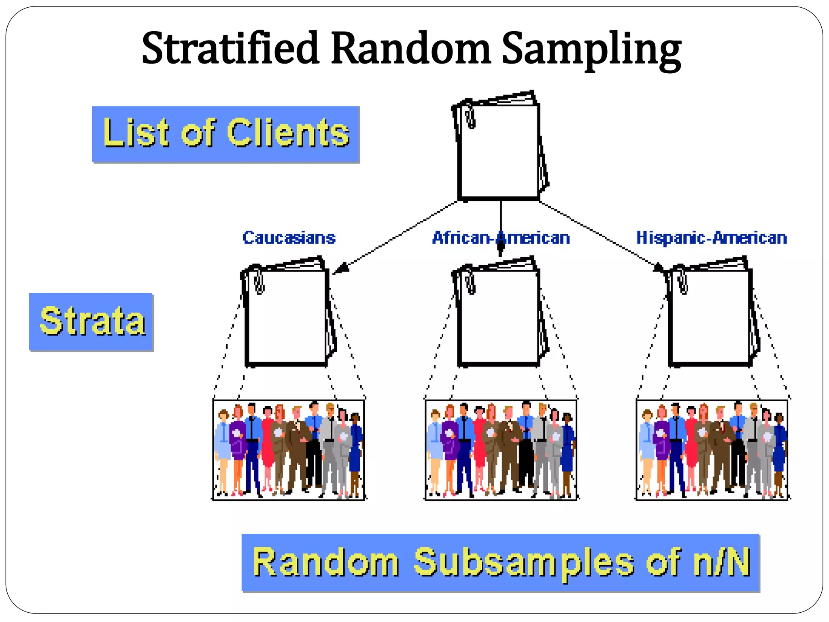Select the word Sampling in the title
[x=591, y=51]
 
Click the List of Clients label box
[x=226, y=134]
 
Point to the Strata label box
[x=91, y=322]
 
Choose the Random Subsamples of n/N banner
[x=500, y=562]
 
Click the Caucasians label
[x=289, y=238]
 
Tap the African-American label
[x=501, y=238]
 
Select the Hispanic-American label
[x=712, y=238]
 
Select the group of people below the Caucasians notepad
[x=289, y=449]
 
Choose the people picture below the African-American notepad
[x=501, y=449]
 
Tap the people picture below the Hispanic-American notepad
[x=712, y=449]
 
